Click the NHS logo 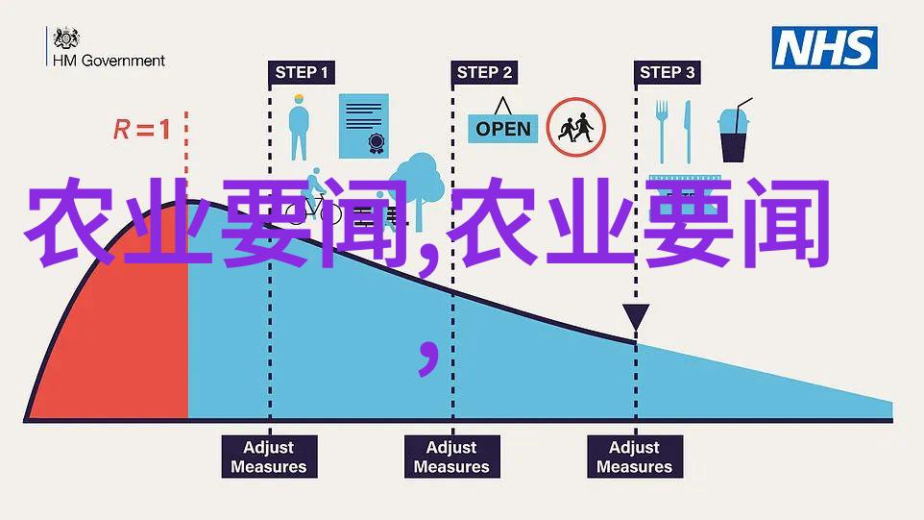tap(824, 48)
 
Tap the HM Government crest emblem tap(66, 38)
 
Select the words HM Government tap(109, 61)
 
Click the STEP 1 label tap(302, 72)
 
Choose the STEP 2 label tap(484, 72)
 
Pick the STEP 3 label tap(668, 72)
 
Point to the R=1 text tap(142, 129)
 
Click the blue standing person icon tap(299, 127)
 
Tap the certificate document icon tap(364, 126)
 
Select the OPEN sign tap(502, 121)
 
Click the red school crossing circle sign tap(575, 127)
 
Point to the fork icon tap(662, 132)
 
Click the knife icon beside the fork tap(687, 132)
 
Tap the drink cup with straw tap(734, 131)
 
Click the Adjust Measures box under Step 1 tap(269, 457)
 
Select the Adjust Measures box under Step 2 tap(452, 457)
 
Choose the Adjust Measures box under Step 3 tap(635, 457)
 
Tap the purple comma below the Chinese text tap(428, 357)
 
